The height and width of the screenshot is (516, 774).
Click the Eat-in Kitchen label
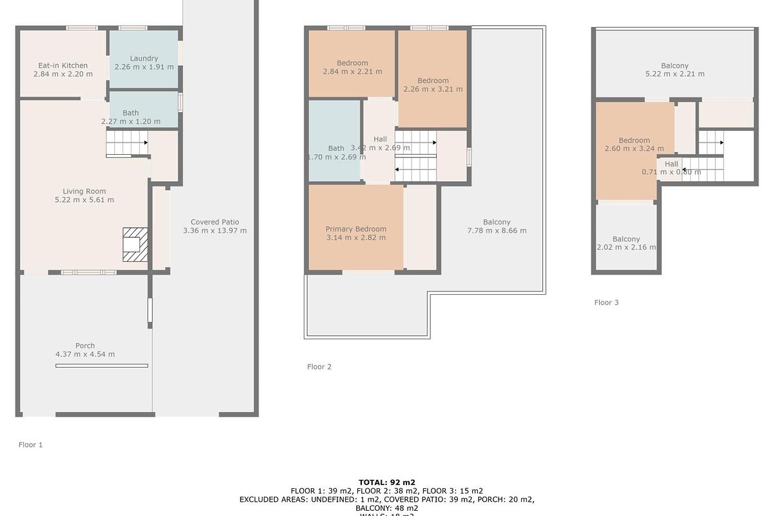[63, 65]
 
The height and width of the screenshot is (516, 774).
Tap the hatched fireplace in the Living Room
[135, 244]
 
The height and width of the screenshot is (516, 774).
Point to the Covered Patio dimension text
[215, 231]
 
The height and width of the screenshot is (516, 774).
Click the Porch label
[84, 346]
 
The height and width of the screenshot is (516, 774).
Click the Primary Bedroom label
[355, 229]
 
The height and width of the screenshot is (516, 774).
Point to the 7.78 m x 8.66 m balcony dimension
[496, 231]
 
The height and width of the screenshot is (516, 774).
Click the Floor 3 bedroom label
[634, 141]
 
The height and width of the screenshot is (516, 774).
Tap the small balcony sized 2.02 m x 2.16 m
[626, 243]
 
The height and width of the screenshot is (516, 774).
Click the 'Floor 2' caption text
[319, 367]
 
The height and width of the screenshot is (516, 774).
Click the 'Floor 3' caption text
[606, 303]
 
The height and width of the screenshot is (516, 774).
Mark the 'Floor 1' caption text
[30, 445]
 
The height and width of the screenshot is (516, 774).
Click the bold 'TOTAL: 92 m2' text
[387, 482]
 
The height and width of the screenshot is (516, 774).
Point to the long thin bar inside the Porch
[101, 366]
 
